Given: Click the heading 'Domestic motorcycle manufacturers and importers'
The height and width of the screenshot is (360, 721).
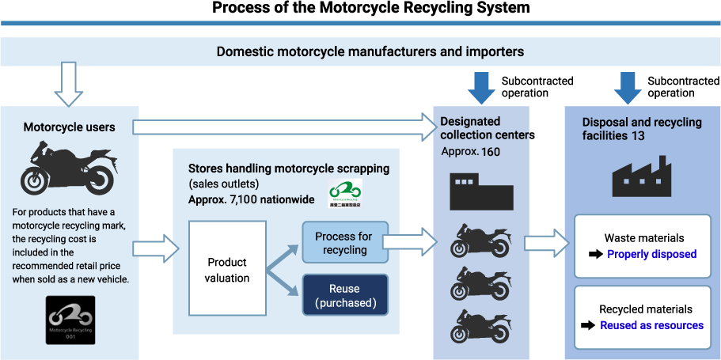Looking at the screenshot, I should pyautogui.click(x=370, y=52).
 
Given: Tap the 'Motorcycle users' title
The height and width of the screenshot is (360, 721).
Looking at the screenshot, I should pyautogui.click(x=69, y=127).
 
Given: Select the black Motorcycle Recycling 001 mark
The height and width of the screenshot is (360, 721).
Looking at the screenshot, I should pyautogui.click(x=70, y=320).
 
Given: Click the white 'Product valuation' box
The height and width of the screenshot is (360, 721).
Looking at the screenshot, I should pyautogui.click(x=227, y=269).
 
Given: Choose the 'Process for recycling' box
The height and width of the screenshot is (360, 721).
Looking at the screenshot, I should pyautogui.click(x=344, y=243).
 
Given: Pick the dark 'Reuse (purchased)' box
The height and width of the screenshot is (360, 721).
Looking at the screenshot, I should pyautogui.click(x=344, y=295).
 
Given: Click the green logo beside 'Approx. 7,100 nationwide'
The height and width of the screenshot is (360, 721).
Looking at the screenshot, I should pyautogui.click(x=345, y=193).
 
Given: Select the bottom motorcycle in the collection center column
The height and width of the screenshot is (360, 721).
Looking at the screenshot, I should pyautogui.click(x=480, y=326).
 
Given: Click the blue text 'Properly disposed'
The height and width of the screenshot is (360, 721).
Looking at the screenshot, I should pyautogui.click(x=651, y=254).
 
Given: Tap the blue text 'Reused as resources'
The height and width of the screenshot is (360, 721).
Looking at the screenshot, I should pyautogui.click(x=651, y=325).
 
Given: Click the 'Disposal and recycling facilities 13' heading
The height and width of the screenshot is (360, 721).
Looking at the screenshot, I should pyautogui.click(x=641, y=129).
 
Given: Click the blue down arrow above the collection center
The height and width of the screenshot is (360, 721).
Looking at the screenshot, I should pyautogui.click(x=481, y=88).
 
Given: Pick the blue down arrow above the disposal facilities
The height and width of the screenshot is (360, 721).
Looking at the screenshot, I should pyautogui.click(x=628, y=88).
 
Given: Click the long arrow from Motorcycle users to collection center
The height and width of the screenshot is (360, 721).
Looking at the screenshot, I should pyautogui.click(x=285, y=127).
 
